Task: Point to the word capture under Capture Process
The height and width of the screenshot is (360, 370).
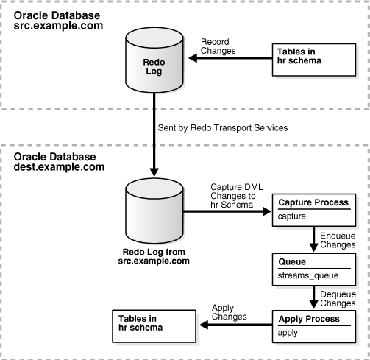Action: pos(293,216)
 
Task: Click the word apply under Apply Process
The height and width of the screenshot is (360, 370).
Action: pos(288,333)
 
